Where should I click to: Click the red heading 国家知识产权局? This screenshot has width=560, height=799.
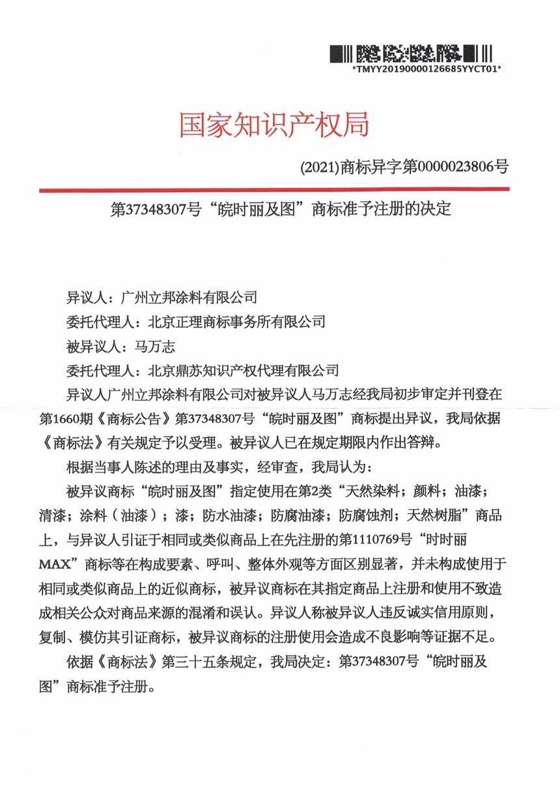(x=274, y=124)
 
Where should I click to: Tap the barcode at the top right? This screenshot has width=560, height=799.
(x=410, y=52)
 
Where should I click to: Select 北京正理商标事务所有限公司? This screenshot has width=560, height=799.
(x=236, y=321)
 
